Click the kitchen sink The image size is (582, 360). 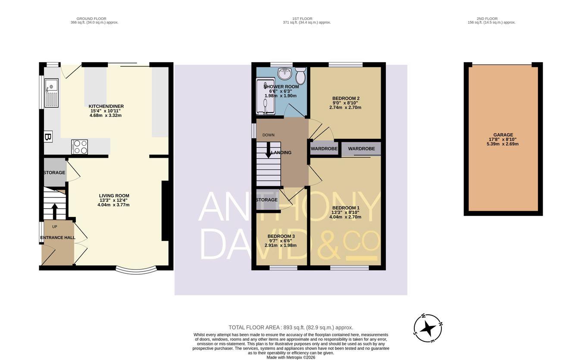[x=51, y=93]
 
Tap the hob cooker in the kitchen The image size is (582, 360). [x=79, y=147]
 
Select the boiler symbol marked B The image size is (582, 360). [x=48, y=137]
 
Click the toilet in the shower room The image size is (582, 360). [x=301, y=75]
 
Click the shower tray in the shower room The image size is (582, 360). [x=265, y=96]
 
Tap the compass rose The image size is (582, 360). [x=428, y=328]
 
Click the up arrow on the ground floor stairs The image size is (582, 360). [x=55, y=212]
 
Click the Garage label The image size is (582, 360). [x=503, y=135]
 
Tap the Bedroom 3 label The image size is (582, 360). [x=281, y=236]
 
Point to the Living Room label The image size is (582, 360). [x=114, y=196]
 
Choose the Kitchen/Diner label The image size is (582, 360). [x=106, y=106]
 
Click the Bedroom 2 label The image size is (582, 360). [x=346, y=98]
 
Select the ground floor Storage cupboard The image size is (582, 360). [x=55, y=172]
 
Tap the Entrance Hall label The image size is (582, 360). [x=58, y=238]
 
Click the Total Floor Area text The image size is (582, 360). [x=291, y=328]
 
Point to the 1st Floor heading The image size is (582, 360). [x=302, y=19]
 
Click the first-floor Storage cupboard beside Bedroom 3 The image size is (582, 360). [x=267, y=200]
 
